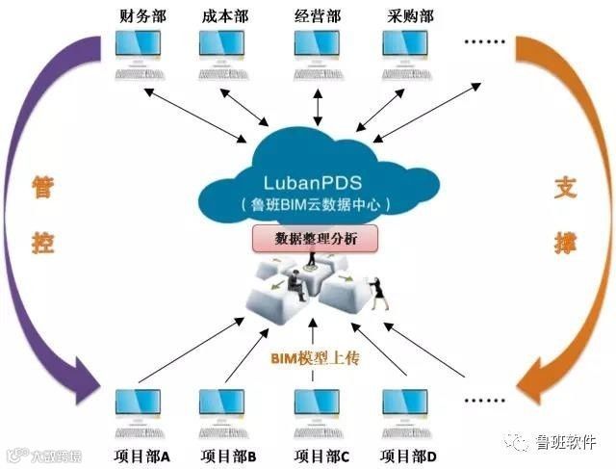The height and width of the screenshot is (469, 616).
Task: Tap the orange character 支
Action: coord(564,187)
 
